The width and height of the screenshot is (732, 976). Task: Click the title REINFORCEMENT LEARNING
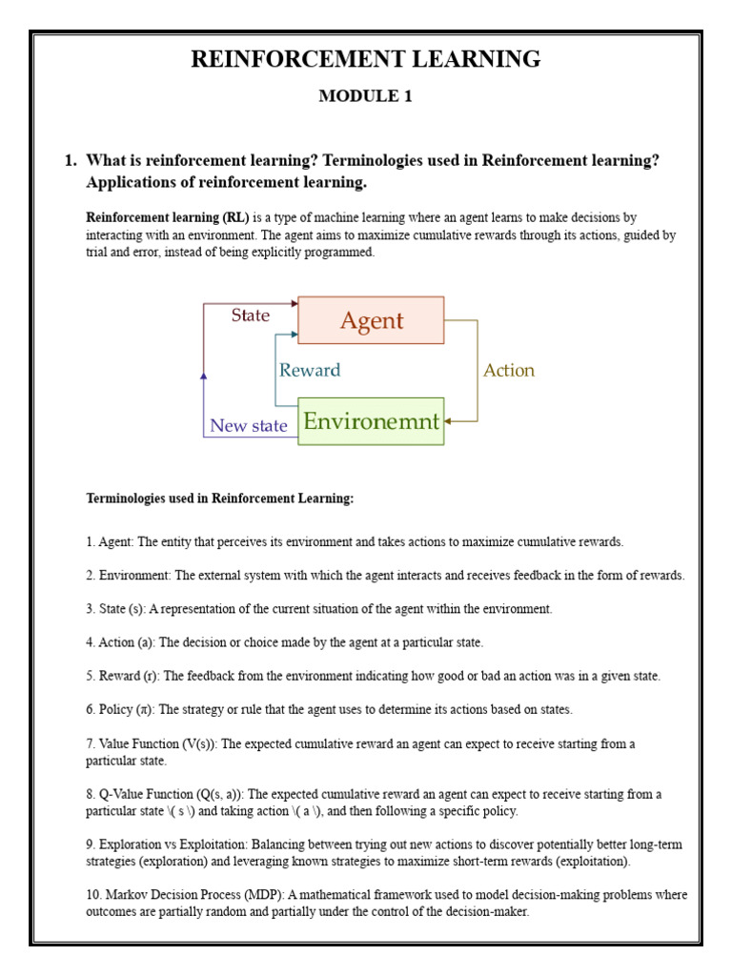pyautogui.click(x=366, y=59)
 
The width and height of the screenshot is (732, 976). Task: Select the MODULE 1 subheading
pyautogui.click(x=366, y=96)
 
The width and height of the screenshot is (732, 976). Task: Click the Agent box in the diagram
pyautogui.click(x=371, y=320)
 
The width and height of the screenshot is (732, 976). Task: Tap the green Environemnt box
pyautogui.click(x=371, y=421)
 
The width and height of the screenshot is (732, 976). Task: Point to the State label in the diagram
pyautogui.click(x=250, y=315)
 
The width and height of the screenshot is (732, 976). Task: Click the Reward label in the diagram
pyautogui.click(x=309, y=370)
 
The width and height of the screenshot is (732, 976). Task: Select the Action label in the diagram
pyautogui.click(x=509, y=370)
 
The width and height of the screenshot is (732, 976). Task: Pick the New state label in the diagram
pyautogui.click(x=248, y=426)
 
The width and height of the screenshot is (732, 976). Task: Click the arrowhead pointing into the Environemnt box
pyautogui.click(x=449, y=421)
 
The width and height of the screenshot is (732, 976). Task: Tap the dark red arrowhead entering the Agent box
pyautogui.click(x=294, y=304)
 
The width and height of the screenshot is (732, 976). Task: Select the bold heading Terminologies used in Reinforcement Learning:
pyautogui.click(x=219, y=498)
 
